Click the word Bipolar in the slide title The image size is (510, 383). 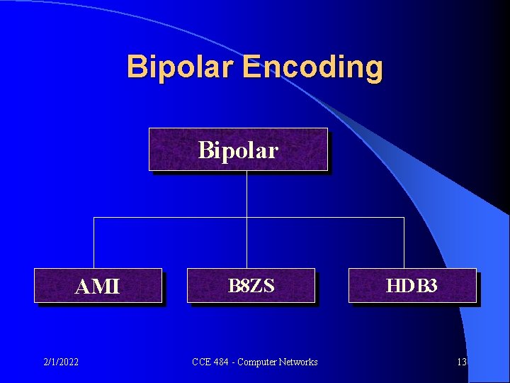(180, 67)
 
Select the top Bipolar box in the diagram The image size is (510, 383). (238, 150)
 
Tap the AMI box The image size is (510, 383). (98, 286)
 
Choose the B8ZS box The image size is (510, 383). (251, 286)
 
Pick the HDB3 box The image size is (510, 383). (412, 286)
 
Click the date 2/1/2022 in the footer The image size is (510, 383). (60, 362)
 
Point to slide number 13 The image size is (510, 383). (462, 362)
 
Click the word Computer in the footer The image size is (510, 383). (255, 362)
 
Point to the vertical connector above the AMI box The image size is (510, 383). (94, 243)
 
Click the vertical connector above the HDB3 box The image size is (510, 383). (404, 243)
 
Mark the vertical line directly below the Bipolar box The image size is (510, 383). (246, 193)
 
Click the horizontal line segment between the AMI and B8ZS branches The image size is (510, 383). (170, 217)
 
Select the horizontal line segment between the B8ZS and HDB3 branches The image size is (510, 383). (326, 217)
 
